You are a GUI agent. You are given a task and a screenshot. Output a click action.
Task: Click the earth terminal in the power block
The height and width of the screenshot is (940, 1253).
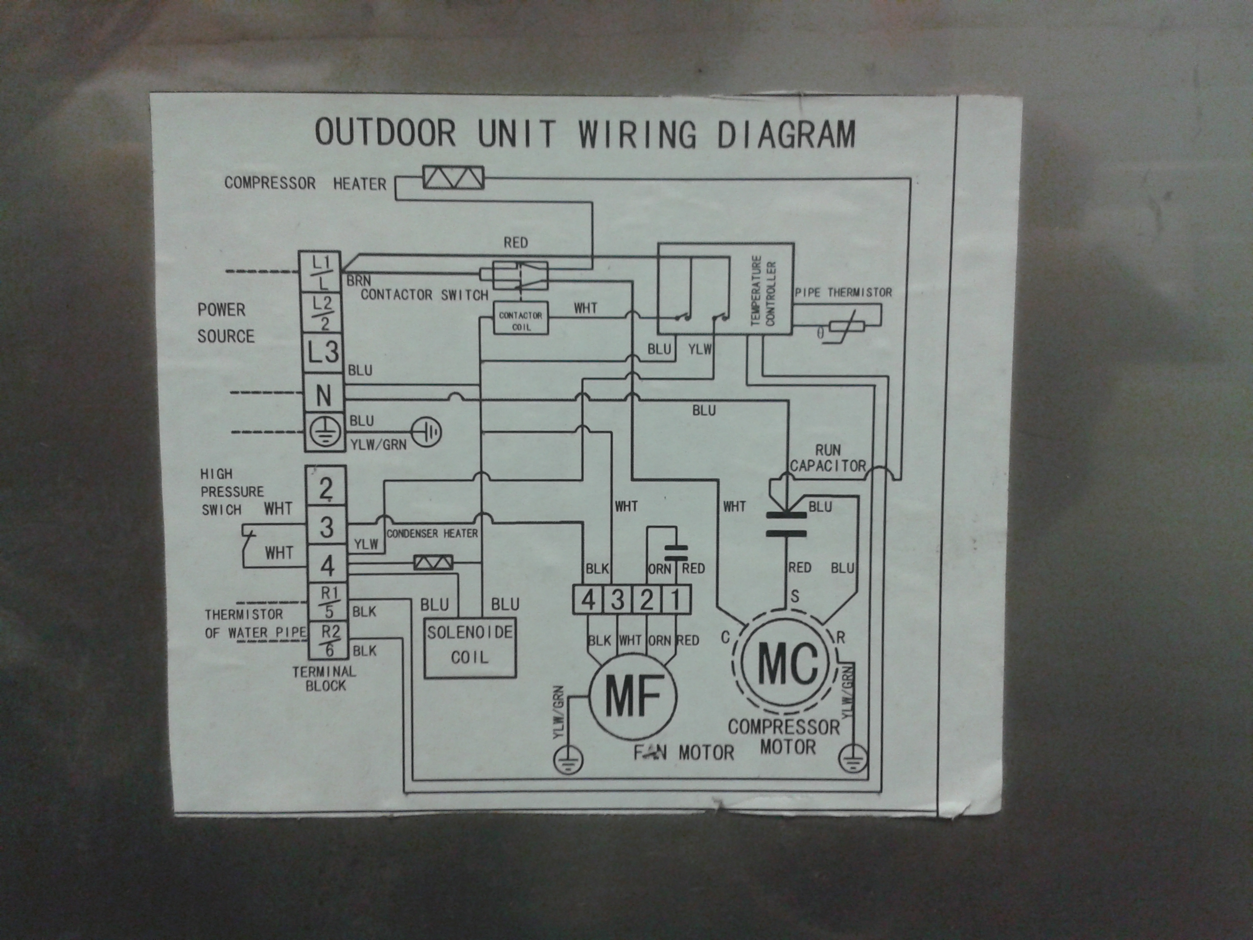pos(324,432)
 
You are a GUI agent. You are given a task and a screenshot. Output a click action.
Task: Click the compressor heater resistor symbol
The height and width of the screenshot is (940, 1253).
pos(453,179)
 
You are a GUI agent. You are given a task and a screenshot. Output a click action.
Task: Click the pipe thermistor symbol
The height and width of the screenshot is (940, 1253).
pos(846,327)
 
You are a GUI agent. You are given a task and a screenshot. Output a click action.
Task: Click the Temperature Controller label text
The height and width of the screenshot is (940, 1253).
pos(763,290)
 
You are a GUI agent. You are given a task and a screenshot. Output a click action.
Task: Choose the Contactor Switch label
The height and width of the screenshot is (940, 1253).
pos(424,295)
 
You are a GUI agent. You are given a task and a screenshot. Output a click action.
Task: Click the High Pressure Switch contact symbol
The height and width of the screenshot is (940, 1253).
pos(248,534)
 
